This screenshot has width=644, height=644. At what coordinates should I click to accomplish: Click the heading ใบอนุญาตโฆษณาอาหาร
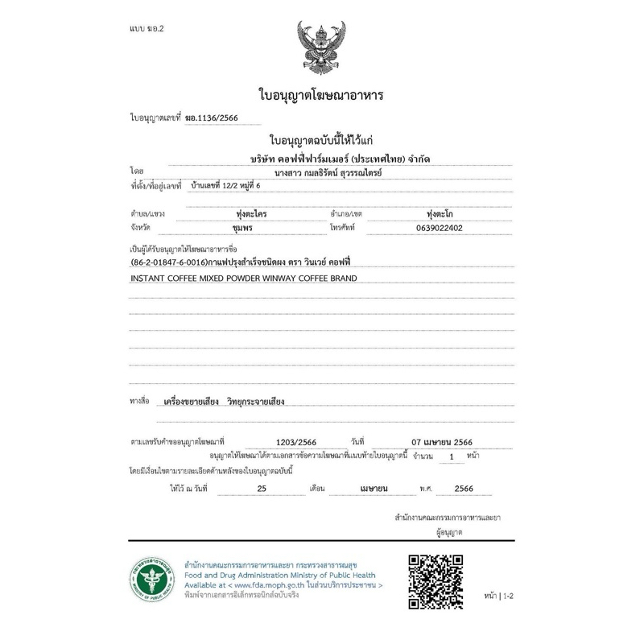coord(321,96)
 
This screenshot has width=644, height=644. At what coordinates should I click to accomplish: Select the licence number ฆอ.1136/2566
coord(212,117)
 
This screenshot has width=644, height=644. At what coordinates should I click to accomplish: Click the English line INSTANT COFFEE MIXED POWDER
coord(242,279)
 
